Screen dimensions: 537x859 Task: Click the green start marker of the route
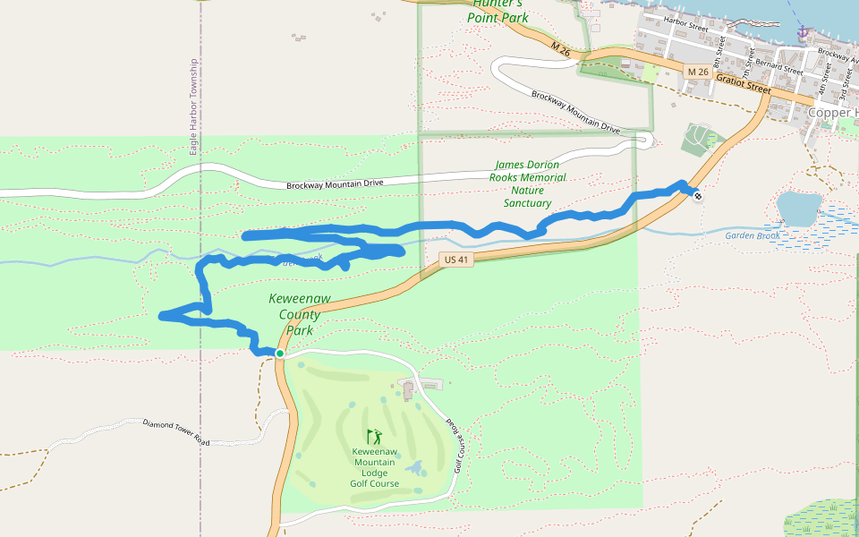280,354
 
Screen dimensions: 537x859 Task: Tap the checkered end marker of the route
697,195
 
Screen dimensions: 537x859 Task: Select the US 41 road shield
455,260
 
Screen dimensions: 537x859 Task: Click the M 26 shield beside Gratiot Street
698,71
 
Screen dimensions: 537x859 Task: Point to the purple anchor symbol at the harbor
803,32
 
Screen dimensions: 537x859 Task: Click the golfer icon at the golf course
374,437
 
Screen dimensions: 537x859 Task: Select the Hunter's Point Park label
498,12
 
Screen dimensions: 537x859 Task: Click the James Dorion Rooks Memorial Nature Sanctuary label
527,183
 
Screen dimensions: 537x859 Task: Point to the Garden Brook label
752,235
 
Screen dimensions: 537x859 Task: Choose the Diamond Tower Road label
175,431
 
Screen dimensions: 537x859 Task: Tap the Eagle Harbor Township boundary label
193,107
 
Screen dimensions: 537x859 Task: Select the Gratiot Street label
743,84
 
